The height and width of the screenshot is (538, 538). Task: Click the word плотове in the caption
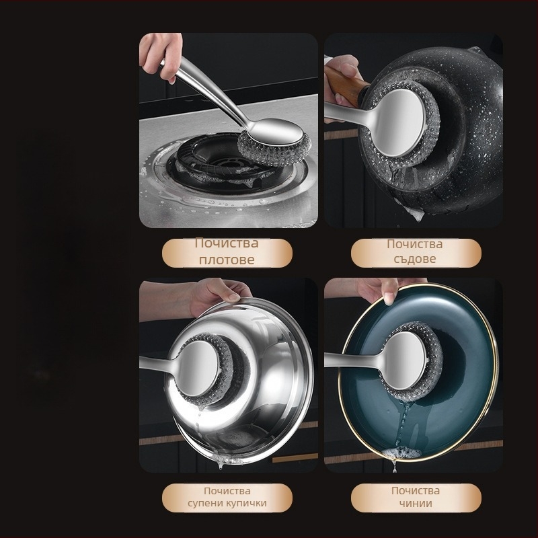click(227, 260)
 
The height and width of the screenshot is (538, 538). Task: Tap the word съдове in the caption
click(415, 259)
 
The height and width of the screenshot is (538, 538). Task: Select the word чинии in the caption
click(416, 503)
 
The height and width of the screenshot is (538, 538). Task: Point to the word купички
click(246, 503)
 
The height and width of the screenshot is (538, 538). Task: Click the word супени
click(205, 504)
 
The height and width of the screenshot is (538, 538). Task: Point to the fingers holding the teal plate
click(383, 290)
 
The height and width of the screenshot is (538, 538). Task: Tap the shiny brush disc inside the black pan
click(399, 123)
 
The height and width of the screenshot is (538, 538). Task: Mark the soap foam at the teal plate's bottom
click(401, 453)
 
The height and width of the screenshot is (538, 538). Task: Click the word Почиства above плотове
click(227, 243)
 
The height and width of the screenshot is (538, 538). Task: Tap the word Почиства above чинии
click(416, 491)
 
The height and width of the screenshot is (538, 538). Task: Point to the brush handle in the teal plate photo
click(354, 360)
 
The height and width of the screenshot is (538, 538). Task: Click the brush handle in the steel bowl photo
click(159, 363)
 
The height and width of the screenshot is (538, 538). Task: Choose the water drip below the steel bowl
click(220, 465)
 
